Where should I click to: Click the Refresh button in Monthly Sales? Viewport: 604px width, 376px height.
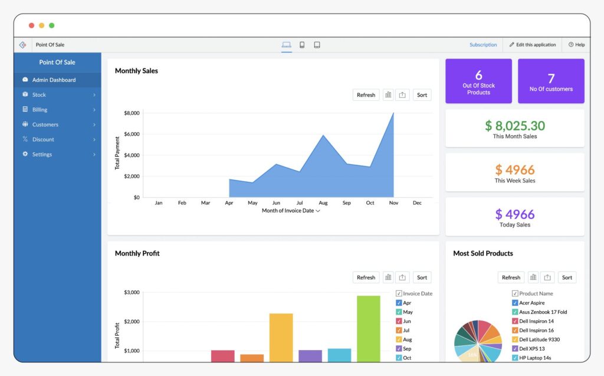[366, 95]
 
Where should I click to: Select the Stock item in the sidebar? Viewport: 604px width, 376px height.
[39, 94]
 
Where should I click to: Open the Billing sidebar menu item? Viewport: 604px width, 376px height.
[40, 110]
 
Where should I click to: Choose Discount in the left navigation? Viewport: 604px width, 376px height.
[43, 139]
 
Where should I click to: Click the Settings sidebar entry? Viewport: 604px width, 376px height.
[42, 155]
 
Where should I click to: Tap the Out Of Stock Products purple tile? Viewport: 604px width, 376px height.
[478, 81]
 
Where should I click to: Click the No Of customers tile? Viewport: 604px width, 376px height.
[551, 81]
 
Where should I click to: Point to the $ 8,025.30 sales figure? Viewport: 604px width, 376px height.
[515, 126]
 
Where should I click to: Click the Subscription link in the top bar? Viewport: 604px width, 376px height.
[483, 45]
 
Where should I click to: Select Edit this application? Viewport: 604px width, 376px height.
[533, 45]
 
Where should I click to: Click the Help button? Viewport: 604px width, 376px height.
[576, 45]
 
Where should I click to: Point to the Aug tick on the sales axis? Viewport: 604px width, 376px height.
[323, 203]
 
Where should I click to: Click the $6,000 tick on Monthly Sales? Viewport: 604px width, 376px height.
[131, 134]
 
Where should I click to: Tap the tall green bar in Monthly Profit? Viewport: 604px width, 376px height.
[369, 328]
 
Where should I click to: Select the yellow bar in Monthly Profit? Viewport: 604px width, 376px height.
[281, 337]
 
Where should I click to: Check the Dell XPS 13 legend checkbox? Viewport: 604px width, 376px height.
[515, 349]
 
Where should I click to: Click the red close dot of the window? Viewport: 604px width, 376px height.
[31, 25]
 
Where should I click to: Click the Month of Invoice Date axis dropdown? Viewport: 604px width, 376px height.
[291, 211]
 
